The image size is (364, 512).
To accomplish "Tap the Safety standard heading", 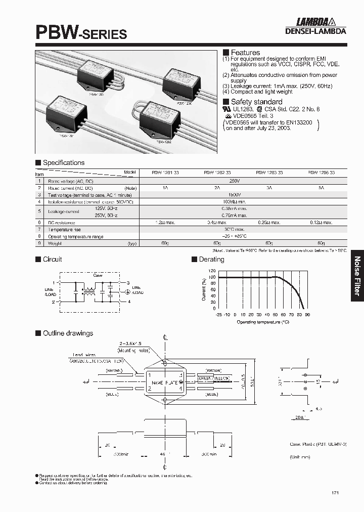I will (x=253, y=102).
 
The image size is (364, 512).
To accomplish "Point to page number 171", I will (x=336, y=493).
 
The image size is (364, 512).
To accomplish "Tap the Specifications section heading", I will (x=63, y=163).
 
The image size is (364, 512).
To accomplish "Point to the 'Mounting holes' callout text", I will (x=132, y=350).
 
